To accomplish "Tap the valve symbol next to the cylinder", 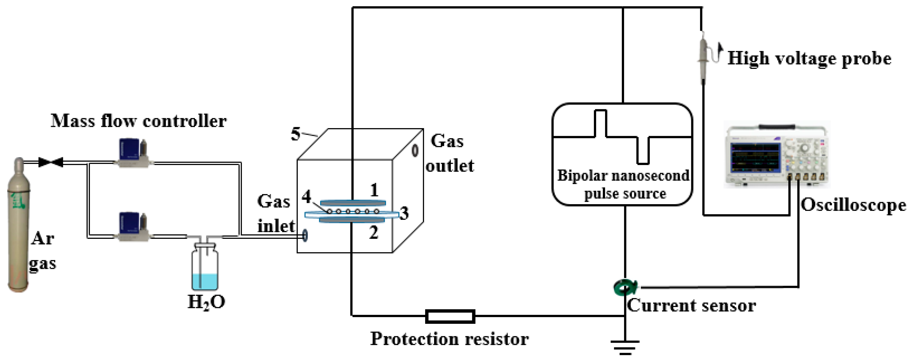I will (x=51, y=162).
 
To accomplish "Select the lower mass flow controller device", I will (x=133, y=227).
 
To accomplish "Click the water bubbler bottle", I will (x=205, y=268).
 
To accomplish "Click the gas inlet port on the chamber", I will (x=305, y=235).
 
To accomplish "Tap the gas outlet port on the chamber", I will (x=415, y=150).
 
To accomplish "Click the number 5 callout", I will (x=295, y=134).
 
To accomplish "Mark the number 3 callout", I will (x=404, y=213).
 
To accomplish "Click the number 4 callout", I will (x=306, y=196).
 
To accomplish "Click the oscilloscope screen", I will (x=755, y=157).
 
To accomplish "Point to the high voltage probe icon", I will (x=704, y=57).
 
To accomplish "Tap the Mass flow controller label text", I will (x=138, y=121).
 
